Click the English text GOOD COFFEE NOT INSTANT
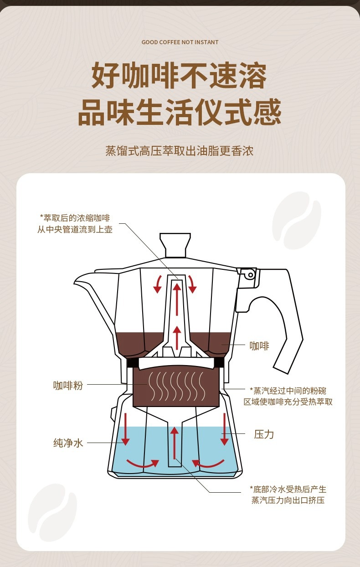point(180,42)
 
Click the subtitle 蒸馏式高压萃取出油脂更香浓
point(180,151)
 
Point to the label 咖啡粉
point(68,385)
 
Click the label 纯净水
point(68,443)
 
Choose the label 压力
point(264,434)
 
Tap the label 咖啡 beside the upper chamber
point(259,346)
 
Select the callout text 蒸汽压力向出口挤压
point(288,500)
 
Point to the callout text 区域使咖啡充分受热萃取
point(288,402)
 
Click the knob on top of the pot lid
point(175,245)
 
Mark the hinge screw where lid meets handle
point(249,274)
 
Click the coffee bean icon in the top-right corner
point(297,220)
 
